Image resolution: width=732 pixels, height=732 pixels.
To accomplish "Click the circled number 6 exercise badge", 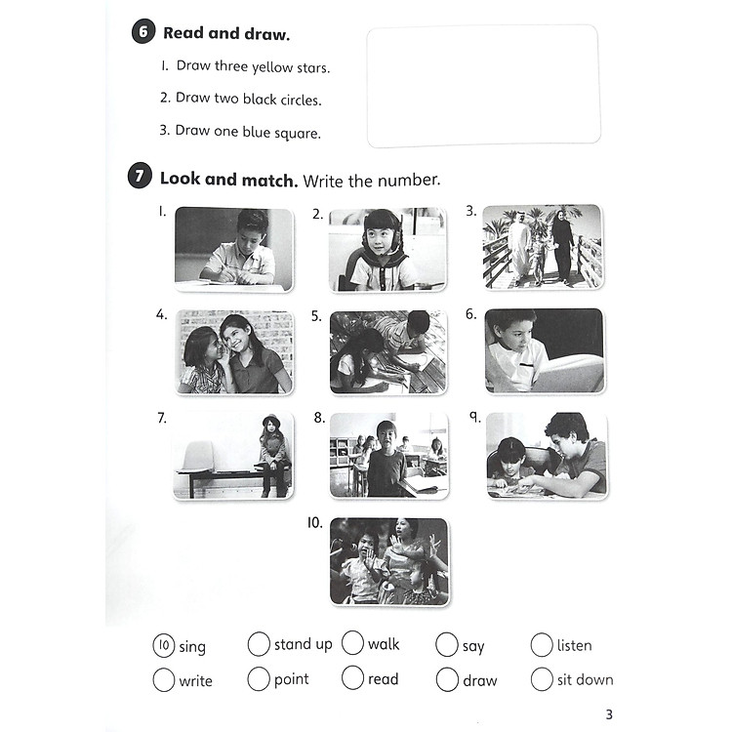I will (142, 33).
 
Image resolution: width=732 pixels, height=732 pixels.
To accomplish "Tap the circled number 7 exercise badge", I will (140, 178).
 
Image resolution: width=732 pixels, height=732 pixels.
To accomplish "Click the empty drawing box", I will (483, 85).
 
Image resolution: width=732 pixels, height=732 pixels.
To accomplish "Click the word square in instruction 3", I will (297, 133).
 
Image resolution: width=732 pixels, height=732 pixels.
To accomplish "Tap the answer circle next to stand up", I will (259, 644).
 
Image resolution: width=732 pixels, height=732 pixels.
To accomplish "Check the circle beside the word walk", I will (352, 644).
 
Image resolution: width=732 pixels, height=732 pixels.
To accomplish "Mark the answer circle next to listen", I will (542, 645).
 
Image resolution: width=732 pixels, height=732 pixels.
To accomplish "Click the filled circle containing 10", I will (164, 646).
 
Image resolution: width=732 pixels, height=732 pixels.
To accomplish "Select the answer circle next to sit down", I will (542, 679).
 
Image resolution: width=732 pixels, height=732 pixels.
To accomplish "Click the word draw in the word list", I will (479, 680).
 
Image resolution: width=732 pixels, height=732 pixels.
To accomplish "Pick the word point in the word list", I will (291, 679).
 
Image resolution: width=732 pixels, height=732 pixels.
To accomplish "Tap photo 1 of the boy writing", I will (234, 249).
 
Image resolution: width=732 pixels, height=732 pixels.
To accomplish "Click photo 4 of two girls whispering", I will (234, 351).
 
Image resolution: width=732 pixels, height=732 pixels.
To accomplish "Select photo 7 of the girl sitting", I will (234, 455).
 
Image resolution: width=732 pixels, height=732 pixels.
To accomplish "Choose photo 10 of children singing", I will (389, 560).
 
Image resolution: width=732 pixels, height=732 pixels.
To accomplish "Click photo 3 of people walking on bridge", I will (542, 246).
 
